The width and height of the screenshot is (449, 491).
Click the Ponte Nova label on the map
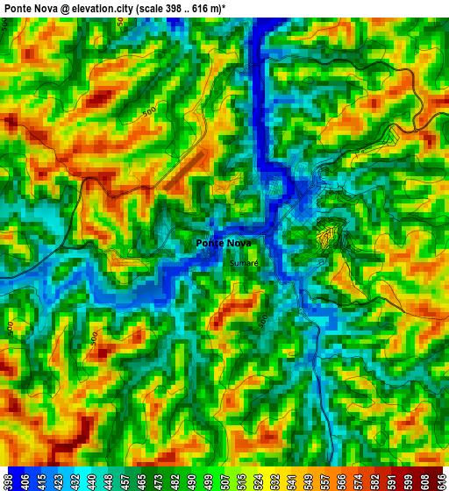coord(223,243)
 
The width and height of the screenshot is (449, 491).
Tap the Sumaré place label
coord(244,263)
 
